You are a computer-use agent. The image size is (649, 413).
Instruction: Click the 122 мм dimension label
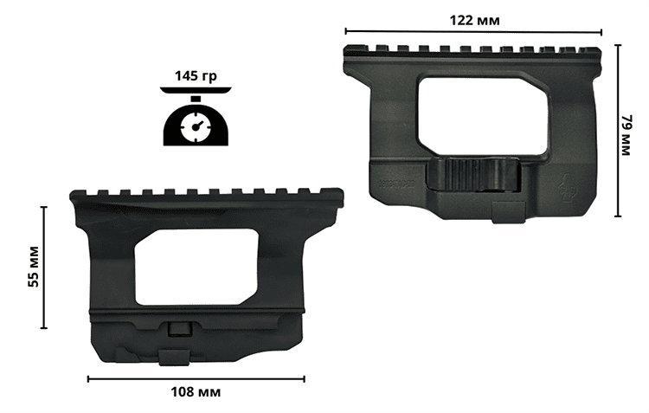pyautogui.click(x=474, y=20)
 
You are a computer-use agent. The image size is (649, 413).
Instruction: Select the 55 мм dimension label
pyautogui.click(x=34, y=267)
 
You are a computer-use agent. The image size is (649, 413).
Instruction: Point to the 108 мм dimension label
pyautogui.click(x=196, y=391)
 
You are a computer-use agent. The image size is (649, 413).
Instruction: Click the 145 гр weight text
pyautogui.click(x=196, y=76)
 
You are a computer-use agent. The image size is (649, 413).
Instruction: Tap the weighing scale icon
pyautogui.click(x=196, y=116)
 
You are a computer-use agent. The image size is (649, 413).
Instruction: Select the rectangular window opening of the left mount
pyautogui.click(x=196, y=268)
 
